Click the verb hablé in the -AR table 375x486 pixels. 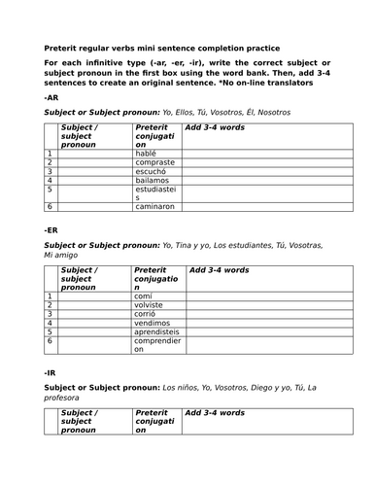pos(147,153)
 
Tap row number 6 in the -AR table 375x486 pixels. pos(49,207)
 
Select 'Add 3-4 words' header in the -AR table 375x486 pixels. pos(214,127)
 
